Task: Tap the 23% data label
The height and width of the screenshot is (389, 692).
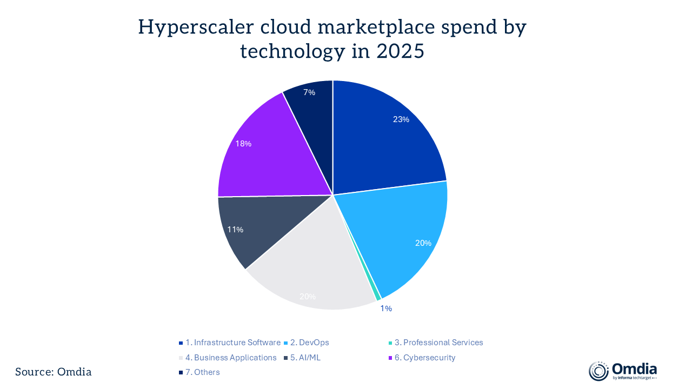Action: [401, 119]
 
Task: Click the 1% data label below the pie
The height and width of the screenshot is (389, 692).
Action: [386, 308]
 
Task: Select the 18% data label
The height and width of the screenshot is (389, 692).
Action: [243, 144]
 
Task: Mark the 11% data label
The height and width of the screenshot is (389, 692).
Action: [235, 230]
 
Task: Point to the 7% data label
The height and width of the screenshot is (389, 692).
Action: [309, 92]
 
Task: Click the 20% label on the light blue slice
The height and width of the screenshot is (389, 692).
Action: [423, 243]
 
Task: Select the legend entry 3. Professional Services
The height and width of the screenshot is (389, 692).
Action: [438, 343]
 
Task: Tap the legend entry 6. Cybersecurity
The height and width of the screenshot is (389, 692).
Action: [425, 358]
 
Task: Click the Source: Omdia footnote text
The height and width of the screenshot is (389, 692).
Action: [54, 372]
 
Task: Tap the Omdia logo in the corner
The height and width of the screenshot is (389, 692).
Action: [623, 371]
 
